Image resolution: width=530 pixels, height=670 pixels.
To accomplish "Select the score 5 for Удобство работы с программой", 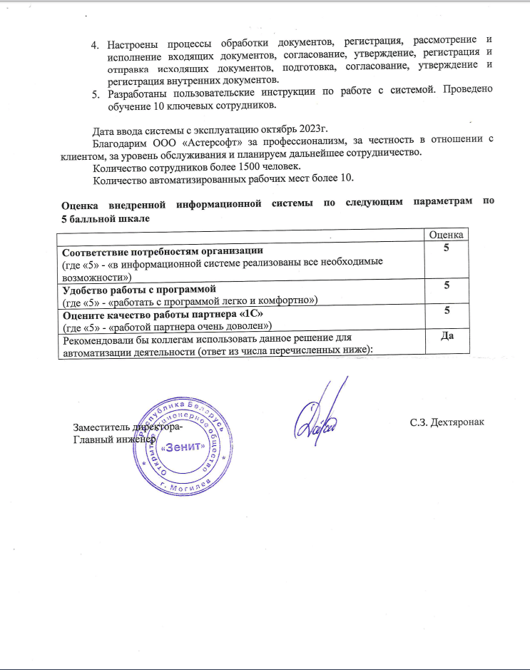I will pyautogui.click(x=447, y=285).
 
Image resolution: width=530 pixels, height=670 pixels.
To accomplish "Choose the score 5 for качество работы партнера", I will pyautogui.click(x=447, y=310).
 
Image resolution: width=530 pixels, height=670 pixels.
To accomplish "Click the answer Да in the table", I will pyautogui.click(x=447, y=337).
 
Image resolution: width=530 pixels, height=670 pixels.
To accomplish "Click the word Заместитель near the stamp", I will pyautogui.click(x=101, y=427).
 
